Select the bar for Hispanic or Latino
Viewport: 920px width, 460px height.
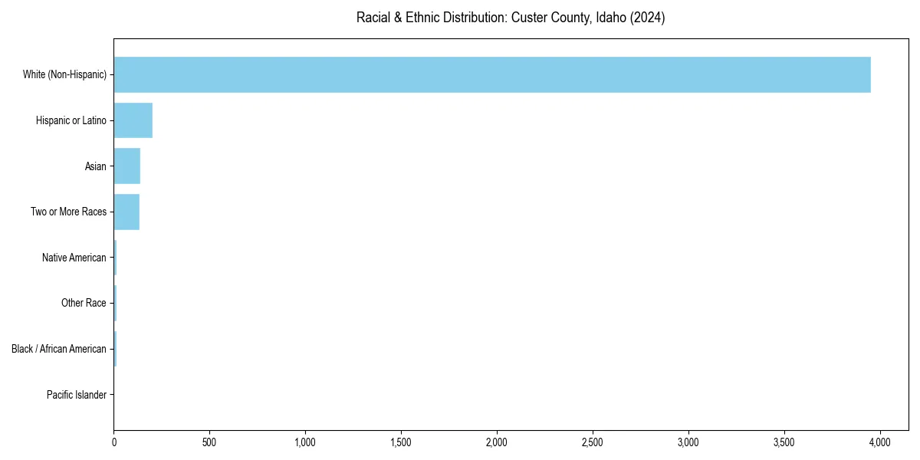click(133, 120)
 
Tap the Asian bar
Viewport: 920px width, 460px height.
click(127, 166)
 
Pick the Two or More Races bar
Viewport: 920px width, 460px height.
click(127, 212)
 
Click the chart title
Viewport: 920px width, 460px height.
click(511, 18)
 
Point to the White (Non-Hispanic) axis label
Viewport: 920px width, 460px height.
click(64, 75)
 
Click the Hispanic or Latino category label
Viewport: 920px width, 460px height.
click(71, 120)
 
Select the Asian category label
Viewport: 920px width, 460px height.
click(96, 166)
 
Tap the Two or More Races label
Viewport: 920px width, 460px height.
click(69, 212)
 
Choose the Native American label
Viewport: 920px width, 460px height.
click(74, 258)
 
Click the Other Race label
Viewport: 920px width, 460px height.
click(84, 303)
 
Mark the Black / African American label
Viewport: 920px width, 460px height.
click(59, 349)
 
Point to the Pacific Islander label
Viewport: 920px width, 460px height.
click(77, 395)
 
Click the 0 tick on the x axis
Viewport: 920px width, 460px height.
click(114, 442)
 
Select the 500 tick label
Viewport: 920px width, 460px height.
click(210, 442)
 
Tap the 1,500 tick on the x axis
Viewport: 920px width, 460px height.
click(401, 442)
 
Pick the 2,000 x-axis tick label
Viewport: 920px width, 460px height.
click(497, 442)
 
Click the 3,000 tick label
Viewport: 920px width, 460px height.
click(688, 442)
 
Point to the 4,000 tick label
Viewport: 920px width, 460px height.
click(880, 442)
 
